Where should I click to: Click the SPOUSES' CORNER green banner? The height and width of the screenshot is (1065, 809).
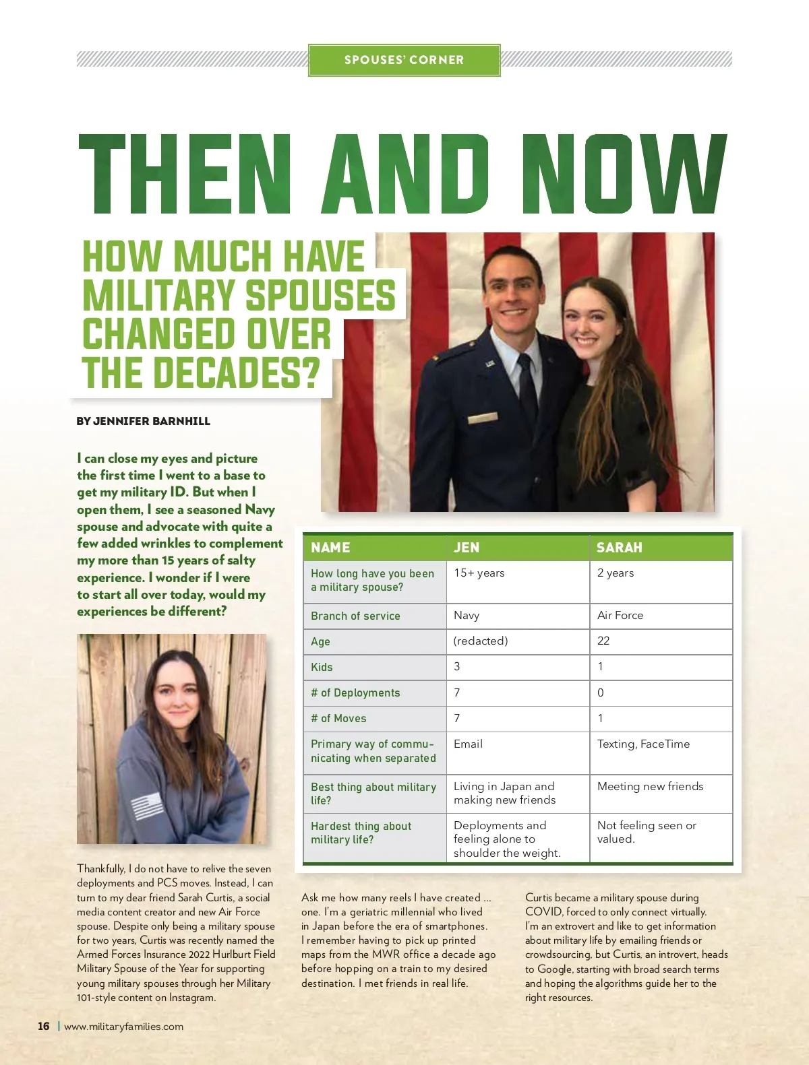[x=404, y=60]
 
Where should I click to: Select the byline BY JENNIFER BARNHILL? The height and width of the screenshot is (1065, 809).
[x=143, y=421]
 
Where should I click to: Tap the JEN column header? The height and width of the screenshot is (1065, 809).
[x=467, y=548]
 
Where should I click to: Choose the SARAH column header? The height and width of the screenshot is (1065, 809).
[x=619, y=548]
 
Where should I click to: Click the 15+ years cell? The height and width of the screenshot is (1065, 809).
[x=479, y=573]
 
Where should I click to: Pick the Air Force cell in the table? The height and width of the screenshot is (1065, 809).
[x=620, y=615]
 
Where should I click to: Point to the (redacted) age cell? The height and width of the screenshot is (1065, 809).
[x=481, y=641]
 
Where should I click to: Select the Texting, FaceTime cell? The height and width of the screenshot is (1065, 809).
[x=643, y=744]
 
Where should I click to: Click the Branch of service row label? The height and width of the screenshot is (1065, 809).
[x=355, y=616]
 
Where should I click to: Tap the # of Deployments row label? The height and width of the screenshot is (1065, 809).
[x=355, y=692]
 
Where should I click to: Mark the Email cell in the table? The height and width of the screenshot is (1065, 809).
[x=468, y=744]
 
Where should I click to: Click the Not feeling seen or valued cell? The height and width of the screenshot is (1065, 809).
[x=646, y=832]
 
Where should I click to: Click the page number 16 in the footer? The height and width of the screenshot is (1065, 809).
[x=44, y=1026]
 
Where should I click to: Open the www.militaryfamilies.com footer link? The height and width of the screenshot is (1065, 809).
[x=123, y=1027]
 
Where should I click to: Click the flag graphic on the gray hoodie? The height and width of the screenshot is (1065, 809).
[x=147, y=806]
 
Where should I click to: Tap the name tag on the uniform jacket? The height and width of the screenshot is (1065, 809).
[x=482, y=418]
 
